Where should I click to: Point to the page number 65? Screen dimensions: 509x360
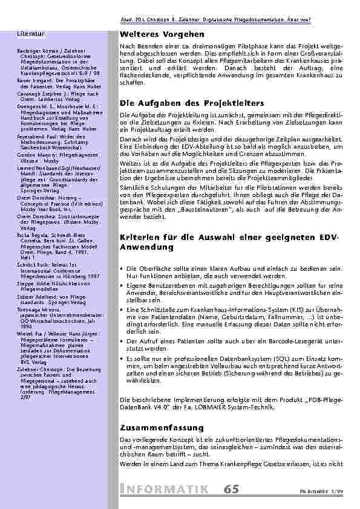(231, 489)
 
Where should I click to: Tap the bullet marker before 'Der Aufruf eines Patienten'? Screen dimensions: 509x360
(123, 340)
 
